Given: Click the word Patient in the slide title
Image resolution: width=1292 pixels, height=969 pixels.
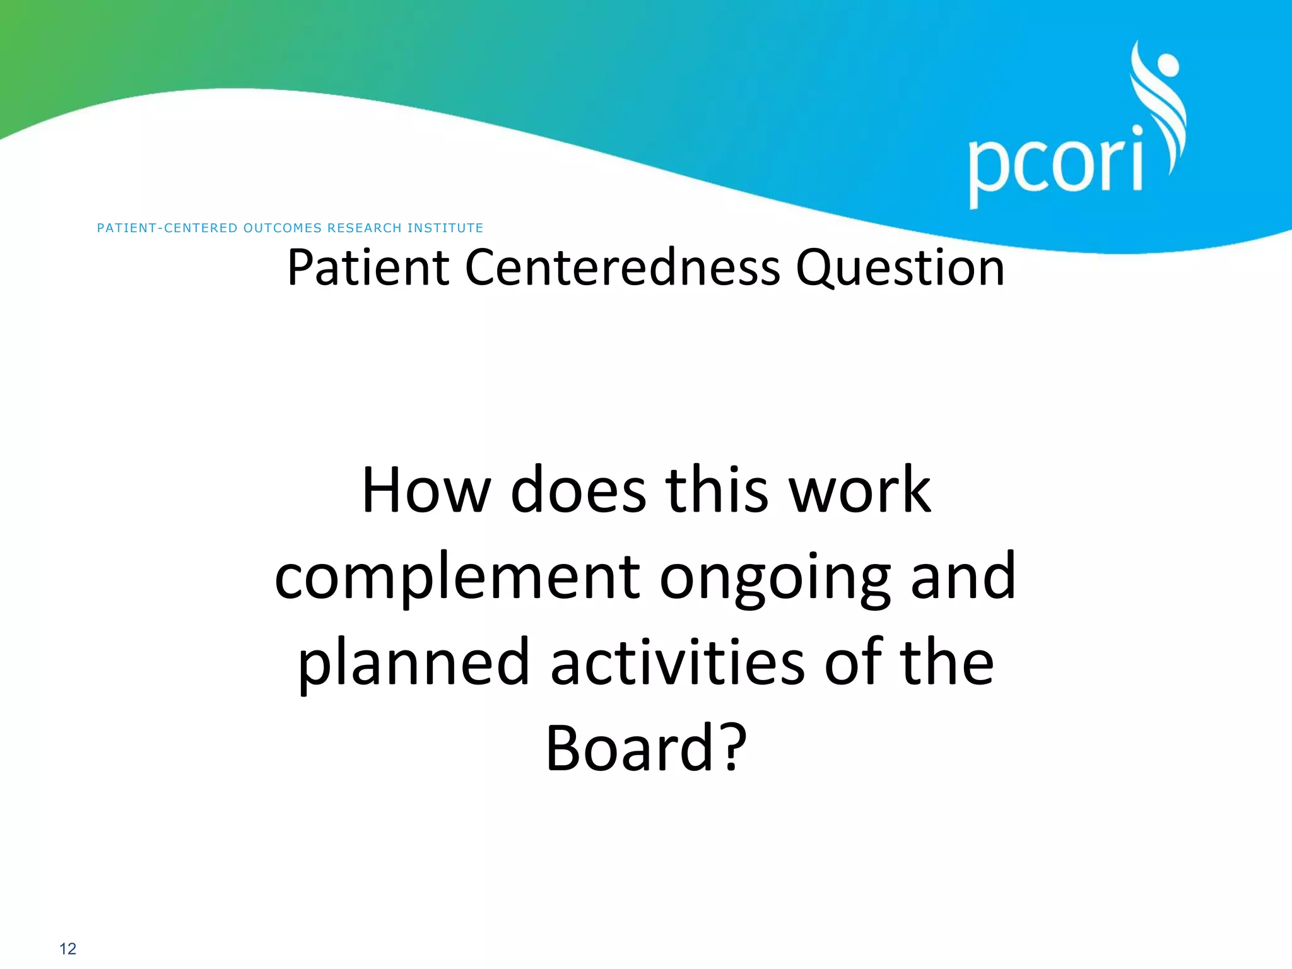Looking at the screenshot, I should click(x=368, y=267).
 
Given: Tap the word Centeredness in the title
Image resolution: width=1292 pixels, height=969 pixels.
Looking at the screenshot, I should click(x=622, y=267).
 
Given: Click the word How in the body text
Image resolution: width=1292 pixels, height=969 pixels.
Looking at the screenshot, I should click(x=426, y=490).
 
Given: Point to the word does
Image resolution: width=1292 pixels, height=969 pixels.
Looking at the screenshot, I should click(x=578, y=490).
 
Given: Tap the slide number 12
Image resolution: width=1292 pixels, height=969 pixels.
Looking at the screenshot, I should click(x=68, y=948).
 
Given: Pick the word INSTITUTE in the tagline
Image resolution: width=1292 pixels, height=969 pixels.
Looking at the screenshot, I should click(x=445, y=228).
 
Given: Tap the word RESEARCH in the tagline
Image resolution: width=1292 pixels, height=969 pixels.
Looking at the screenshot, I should click(x=364, y=228).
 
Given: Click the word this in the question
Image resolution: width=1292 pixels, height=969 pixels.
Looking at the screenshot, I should click(x=717, y=490).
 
